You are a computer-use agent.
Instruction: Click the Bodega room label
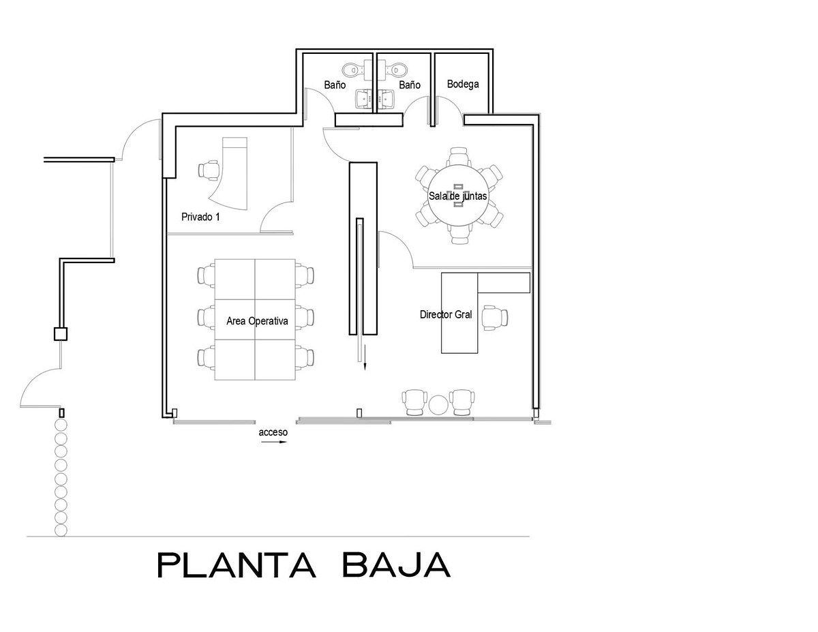(x=463, y=84)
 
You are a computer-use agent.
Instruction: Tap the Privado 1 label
(x=200, y=217)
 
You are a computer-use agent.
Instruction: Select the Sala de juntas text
(x=457, y=196)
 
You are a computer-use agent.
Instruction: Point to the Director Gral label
(x=446, y=314)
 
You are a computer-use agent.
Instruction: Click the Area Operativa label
(x=257, y=321)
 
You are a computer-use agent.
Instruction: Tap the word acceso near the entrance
(x=273, y=432)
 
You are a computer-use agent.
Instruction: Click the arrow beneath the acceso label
(x=273, y=442)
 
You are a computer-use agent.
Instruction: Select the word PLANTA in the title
(x=237, y=565)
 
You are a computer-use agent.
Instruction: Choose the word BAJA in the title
(x=397, y=565)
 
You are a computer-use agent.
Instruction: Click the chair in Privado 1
(x=209, y=170)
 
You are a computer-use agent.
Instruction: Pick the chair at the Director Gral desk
(x=495, y=318)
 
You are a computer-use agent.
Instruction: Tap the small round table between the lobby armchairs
(x=438, y=405)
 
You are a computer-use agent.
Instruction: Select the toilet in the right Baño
(x=393, y=70)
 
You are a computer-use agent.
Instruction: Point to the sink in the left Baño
(x=363, y=99)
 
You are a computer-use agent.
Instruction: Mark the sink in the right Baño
(x=387, y=99)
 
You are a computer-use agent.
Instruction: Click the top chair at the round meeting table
(x=459, y=157)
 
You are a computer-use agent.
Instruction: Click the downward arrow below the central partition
(x=365, y=363)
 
